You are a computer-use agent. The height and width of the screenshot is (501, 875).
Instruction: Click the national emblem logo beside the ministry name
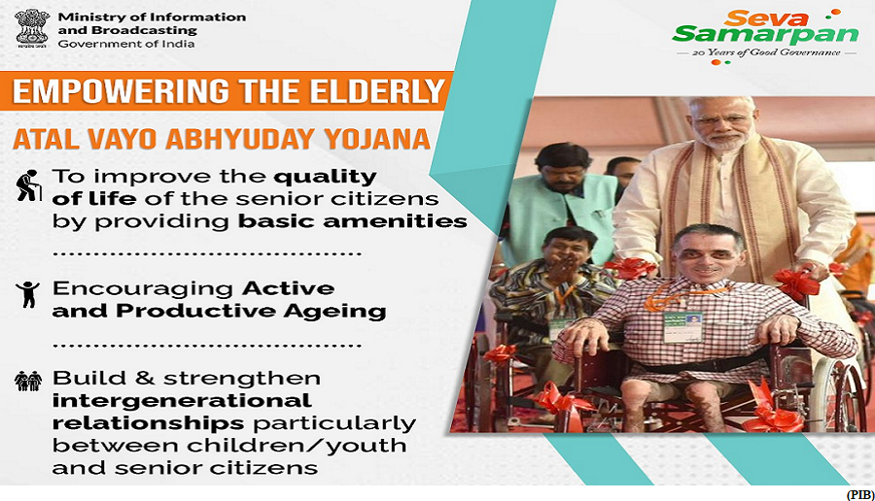[x=32, y=28]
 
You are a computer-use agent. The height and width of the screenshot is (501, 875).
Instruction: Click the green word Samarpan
[x=765, y=35]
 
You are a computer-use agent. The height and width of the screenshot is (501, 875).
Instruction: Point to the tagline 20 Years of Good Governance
[x=766, y=52]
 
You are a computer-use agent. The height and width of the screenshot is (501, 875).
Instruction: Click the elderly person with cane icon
[x=28, y=185]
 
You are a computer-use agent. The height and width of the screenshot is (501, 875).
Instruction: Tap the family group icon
[x=28, y=382]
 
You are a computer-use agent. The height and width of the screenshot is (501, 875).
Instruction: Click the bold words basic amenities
[x=353, y=221]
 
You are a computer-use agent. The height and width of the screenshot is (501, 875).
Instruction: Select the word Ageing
[x=334, y=311]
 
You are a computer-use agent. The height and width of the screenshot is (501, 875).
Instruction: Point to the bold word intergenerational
[x=182, y=400]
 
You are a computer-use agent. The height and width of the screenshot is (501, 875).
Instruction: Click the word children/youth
[x=297, y=446]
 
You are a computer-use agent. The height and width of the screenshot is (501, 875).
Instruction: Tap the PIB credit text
[x=859, y=494]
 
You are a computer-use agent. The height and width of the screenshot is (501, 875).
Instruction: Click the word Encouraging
[x=143, y=289]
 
